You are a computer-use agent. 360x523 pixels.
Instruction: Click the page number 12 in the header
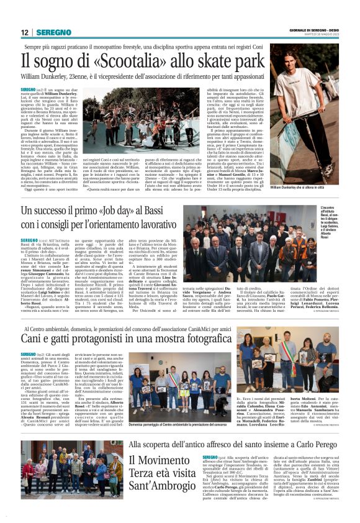pyautogui.click(x=24, y=32)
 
